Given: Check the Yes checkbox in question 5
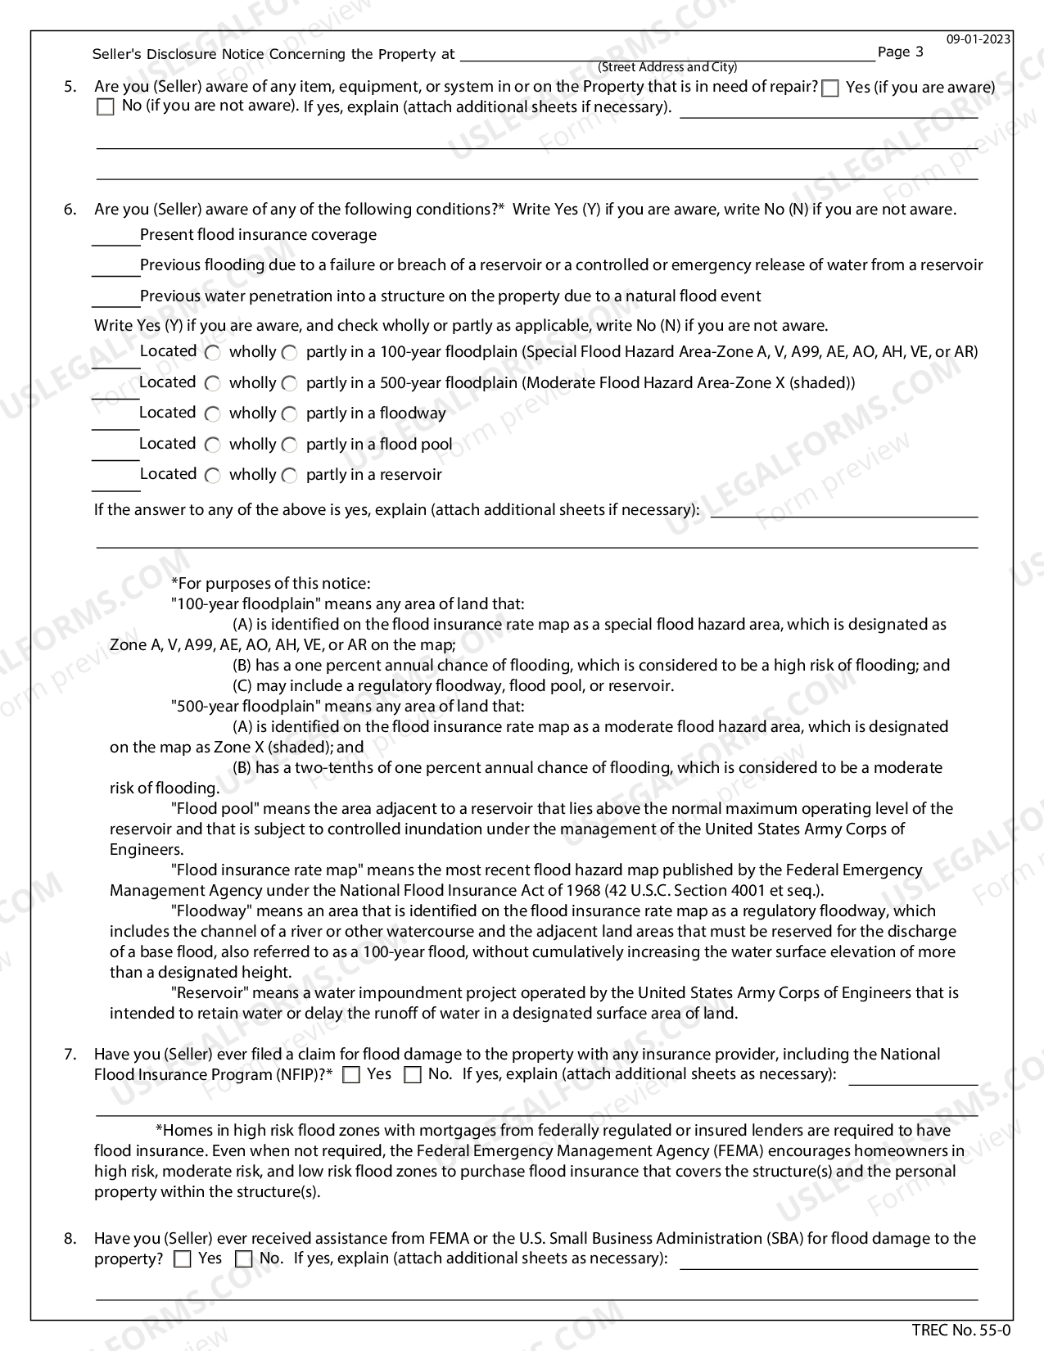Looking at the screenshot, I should [830, 88].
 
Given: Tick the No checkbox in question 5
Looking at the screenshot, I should [106, 107].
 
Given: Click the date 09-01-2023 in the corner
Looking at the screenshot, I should [978, 38].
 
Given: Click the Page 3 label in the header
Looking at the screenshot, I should [900, 52].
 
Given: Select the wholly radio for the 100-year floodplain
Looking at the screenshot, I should [213, 353].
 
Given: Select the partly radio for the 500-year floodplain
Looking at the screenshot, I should [289, 383].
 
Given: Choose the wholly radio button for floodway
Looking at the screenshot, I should [213, 414].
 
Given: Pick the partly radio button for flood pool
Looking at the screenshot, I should [289, 445].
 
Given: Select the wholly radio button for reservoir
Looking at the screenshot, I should [213, 476].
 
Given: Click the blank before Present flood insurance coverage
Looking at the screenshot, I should [115, 237].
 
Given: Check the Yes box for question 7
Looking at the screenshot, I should [351, 1075].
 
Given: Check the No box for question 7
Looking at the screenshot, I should [413, 1075].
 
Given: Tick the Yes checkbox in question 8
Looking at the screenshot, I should [183, 1259].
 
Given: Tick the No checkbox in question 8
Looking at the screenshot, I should [243, 1259].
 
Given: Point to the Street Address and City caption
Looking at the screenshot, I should [667, 67].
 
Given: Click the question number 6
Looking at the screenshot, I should [70, 210].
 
